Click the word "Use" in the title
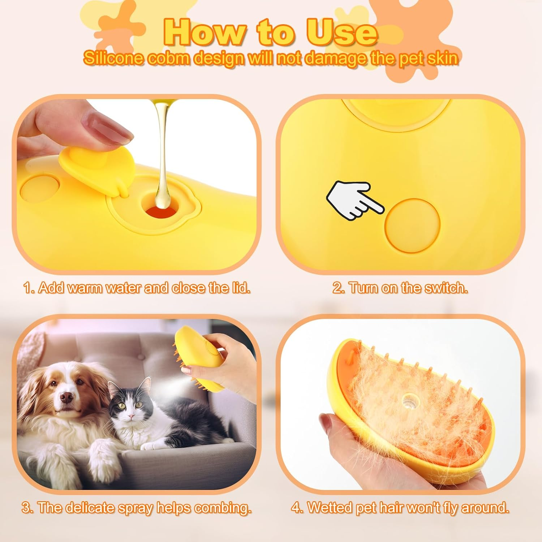342,33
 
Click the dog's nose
66,397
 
